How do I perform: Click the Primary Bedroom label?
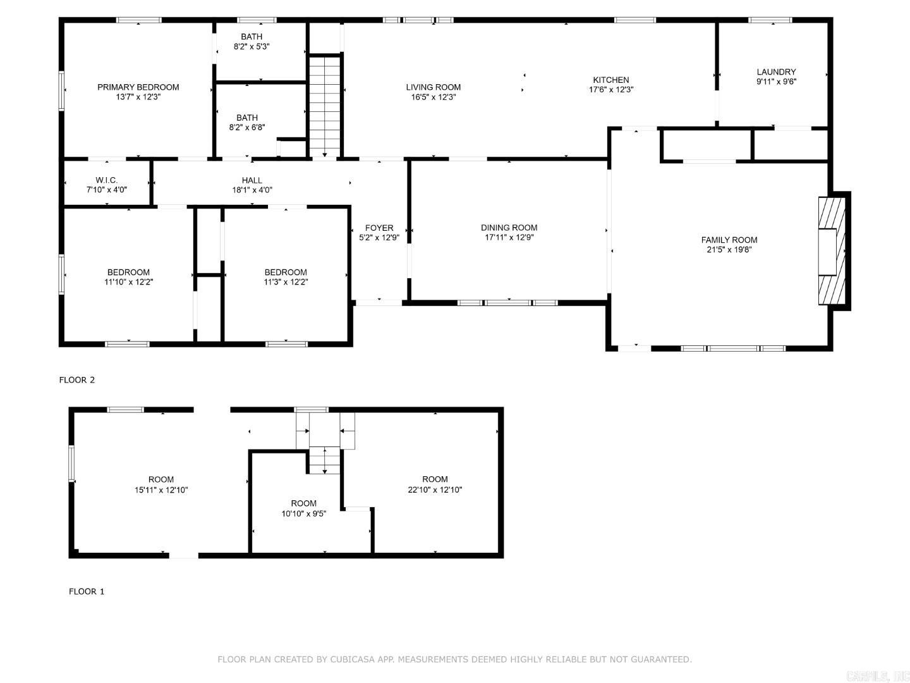[x=138, y=87]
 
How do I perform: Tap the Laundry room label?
[x=776, y=72]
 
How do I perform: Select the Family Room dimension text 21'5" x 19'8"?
[x=729, y=250]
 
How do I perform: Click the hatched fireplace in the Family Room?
[x=832, y=252]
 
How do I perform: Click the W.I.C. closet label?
[x=106, y=180]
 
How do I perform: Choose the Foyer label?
[x=379, y=228]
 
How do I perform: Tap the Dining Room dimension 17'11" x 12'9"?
[x=509, y=238]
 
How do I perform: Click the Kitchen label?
[x=610, y=80]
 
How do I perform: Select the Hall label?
[x=252, y=180]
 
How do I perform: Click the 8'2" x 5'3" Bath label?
[x=252, y=37]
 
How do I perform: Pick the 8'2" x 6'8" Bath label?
[x=246, y=118]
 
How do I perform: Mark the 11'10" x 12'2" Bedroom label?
[x=128, y=272]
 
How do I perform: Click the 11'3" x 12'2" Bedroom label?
[x=286, y=272]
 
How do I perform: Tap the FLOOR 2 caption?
[x=76, y=380]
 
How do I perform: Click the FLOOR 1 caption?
[x=87, y=591]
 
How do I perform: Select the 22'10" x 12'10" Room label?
[x=435, y=479]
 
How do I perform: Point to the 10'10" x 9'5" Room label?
[x=303, y=503]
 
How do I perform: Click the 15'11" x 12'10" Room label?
[x=161, y=479]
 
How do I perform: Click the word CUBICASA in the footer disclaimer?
[x=353, y=660]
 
